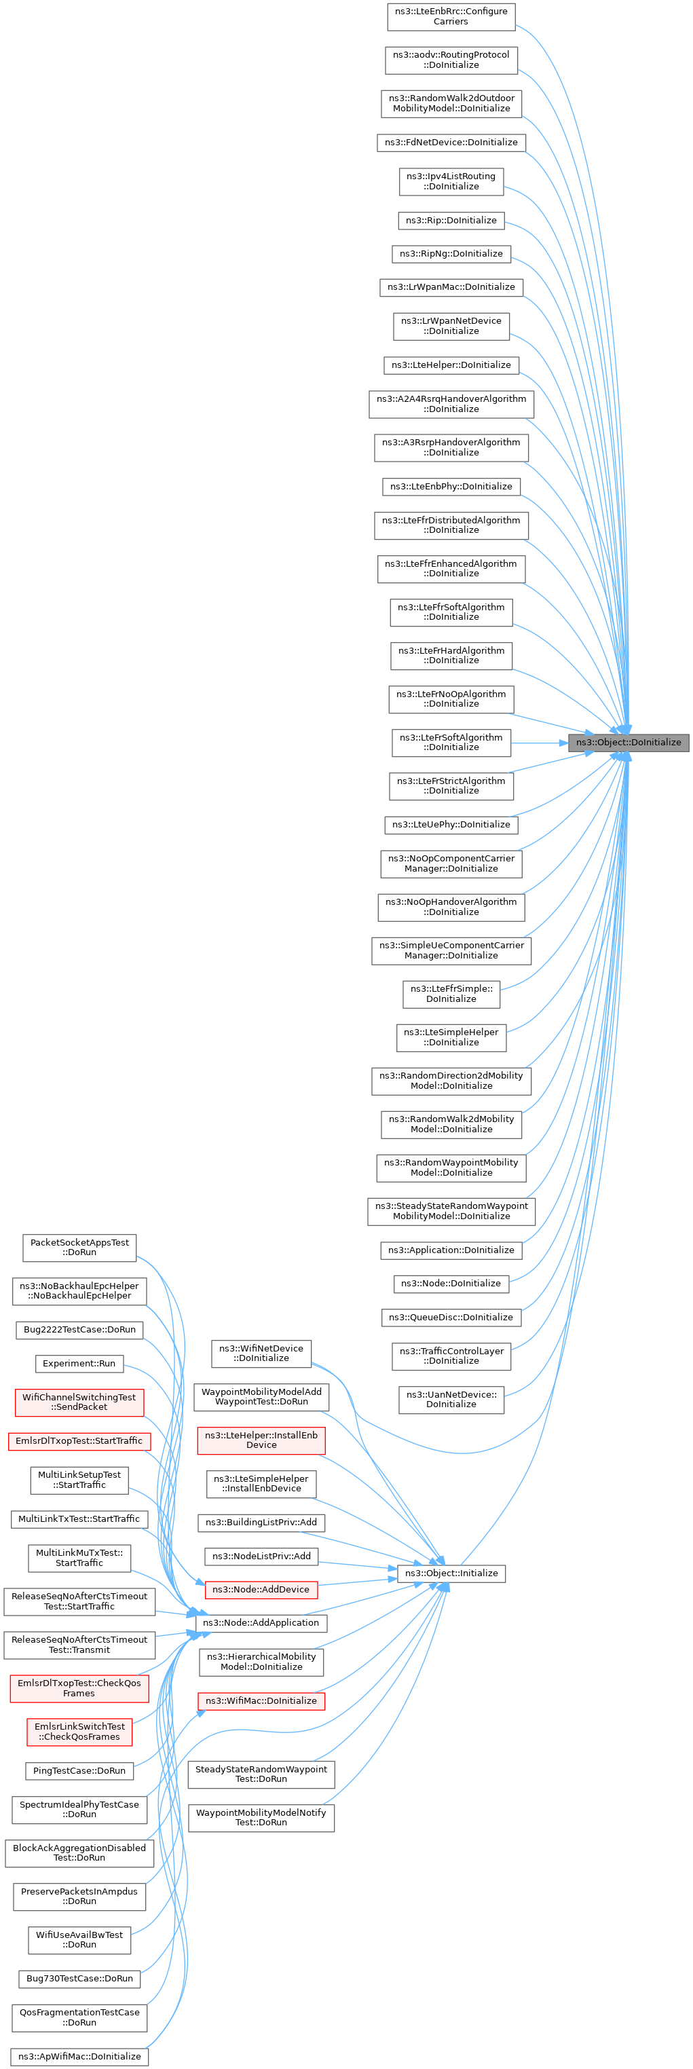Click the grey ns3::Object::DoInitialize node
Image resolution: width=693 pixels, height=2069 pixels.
pos(628,742)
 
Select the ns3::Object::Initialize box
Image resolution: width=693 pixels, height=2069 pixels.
pos(451,1573)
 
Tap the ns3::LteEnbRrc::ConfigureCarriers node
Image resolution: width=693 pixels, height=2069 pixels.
pos(451,16)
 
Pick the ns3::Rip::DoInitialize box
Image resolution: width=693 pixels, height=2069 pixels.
pos(451,220)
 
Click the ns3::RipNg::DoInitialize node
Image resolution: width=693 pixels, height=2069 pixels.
pos(451,253)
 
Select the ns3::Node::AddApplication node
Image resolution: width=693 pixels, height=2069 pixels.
pos(261,1622)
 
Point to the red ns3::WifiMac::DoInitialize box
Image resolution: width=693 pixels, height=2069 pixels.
pos(261,1700)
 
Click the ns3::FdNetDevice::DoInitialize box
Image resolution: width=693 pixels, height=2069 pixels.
pos(451,142)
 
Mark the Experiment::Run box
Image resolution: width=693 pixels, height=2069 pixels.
pos(79,1363)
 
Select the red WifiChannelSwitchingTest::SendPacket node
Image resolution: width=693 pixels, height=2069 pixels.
pos(79,1402)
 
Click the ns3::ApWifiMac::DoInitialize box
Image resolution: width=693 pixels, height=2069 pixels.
pos(79,2056)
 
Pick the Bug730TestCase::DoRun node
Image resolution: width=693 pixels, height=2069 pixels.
pos(79,1978)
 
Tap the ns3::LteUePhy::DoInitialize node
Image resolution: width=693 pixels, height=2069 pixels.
pos(451,824)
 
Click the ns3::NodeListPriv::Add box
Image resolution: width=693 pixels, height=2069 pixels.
pos(261,1556)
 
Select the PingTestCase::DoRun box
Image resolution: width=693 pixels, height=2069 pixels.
pos(79,1770)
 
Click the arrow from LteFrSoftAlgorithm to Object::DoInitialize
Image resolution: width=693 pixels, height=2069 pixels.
pos(539,743)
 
